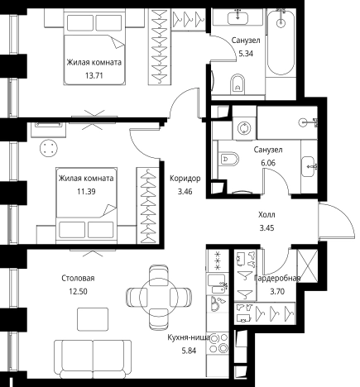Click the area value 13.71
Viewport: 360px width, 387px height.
94,75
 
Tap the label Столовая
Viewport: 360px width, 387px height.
78,278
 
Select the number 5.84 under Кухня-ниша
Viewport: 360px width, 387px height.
189,351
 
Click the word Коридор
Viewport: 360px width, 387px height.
185,179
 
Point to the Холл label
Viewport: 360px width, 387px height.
266,214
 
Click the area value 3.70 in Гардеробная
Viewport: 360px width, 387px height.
277,291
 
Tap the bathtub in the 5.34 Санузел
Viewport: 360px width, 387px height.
281,42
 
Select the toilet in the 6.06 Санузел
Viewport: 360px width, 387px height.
229,160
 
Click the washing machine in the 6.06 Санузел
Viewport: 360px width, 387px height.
244,128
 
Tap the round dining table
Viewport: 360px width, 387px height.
158,297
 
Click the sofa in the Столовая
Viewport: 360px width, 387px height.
93,359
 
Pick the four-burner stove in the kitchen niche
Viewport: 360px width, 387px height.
218,343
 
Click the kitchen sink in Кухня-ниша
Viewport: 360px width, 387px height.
218,285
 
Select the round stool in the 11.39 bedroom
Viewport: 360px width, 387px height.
49,148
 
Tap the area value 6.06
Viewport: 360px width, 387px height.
268,163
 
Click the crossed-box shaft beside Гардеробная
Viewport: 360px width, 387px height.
307,265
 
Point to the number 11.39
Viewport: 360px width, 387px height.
86,191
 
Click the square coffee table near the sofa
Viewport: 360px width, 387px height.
93,319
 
